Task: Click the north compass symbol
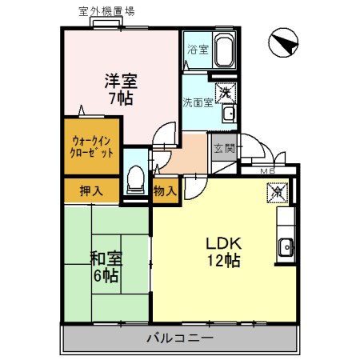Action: [281, 43]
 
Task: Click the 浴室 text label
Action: [197, 49]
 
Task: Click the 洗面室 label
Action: [197, 102]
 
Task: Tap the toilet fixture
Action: [136, 175]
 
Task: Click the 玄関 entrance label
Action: [223, 148]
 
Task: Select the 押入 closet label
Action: [91, 190]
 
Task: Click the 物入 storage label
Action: [165, 190]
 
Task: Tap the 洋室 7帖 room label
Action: [121, 90]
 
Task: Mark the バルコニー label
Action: [179, 338]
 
